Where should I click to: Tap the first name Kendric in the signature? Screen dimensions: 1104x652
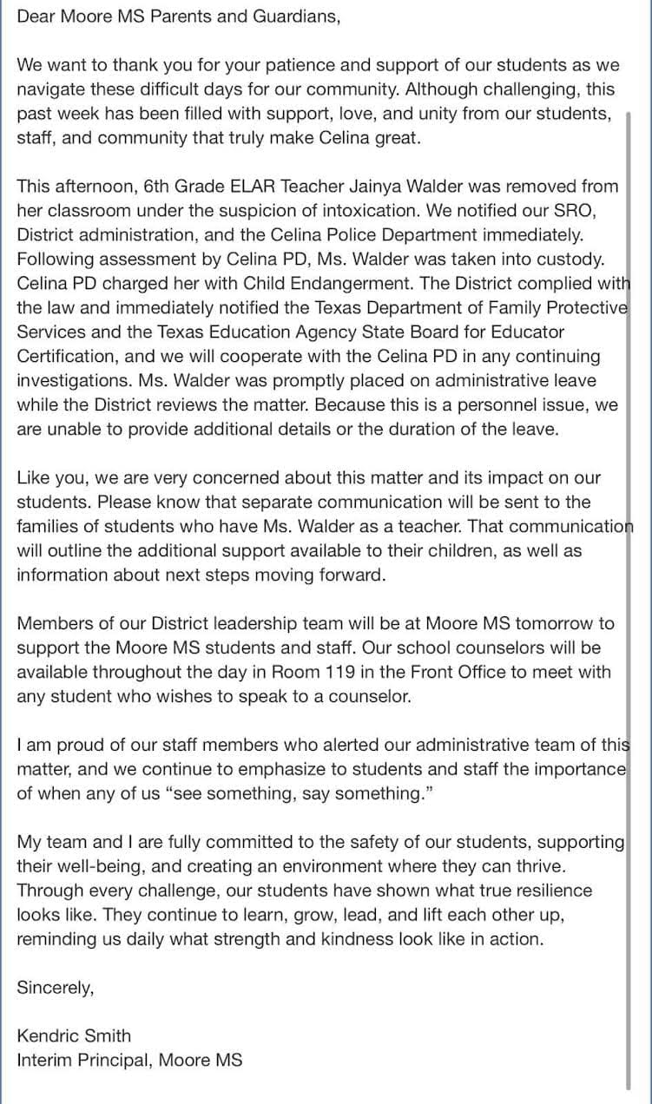(49, 1035)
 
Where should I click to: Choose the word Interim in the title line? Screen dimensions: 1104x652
(44, 1060)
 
